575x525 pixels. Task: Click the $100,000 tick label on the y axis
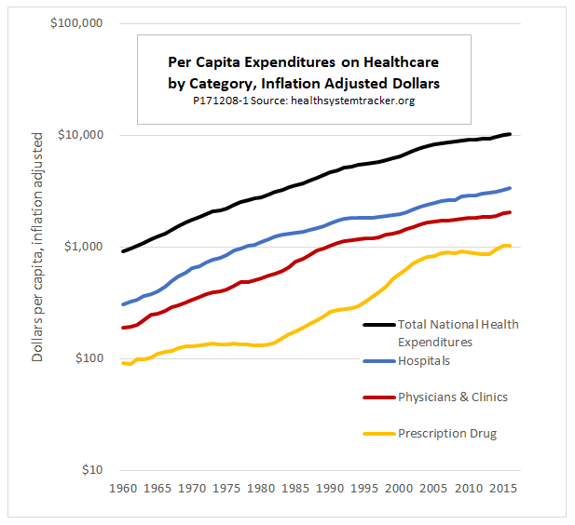tap(75, 23)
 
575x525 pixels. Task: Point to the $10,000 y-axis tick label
tap(78, 135)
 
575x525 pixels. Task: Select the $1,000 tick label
tap(82, 247)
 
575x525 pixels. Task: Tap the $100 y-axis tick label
tap(86, 358)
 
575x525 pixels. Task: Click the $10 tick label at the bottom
tap(89, 470)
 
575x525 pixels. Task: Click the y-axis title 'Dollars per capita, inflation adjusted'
tap(38, 247)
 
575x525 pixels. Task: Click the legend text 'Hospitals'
tap(424, 359)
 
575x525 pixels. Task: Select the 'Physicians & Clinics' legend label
tap(453, 397)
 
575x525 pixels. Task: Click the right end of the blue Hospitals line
tap(509, 188)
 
